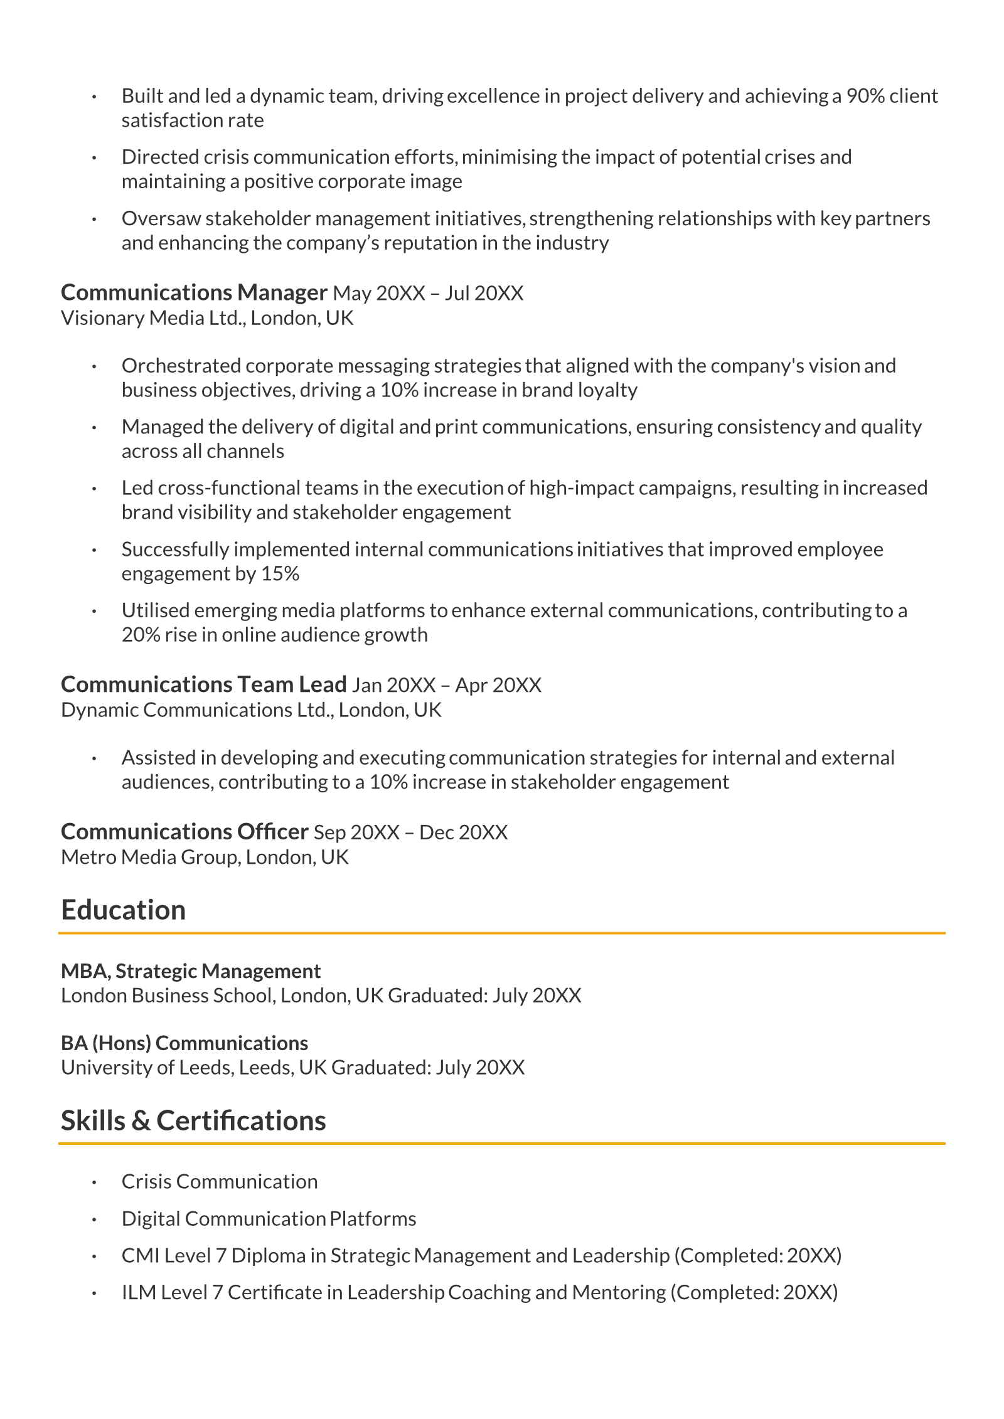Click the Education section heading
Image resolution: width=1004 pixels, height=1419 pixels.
(123, 910)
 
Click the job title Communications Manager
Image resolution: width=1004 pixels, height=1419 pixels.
(194, 292)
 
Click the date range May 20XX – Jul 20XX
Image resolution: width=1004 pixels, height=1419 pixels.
(428, 293)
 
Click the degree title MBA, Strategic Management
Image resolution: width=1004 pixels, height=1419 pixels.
(191, 970)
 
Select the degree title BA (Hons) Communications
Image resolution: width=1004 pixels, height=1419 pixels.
(184, 1043)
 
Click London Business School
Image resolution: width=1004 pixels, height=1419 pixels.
(168, 995)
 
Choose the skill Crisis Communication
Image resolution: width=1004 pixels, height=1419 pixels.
(220, 1181)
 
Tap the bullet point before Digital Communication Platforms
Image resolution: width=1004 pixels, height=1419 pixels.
(94, 1220)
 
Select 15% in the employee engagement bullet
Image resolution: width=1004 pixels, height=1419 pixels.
(280, 573)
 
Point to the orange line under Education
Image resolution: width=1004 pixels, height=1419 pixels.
(502, 933)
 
